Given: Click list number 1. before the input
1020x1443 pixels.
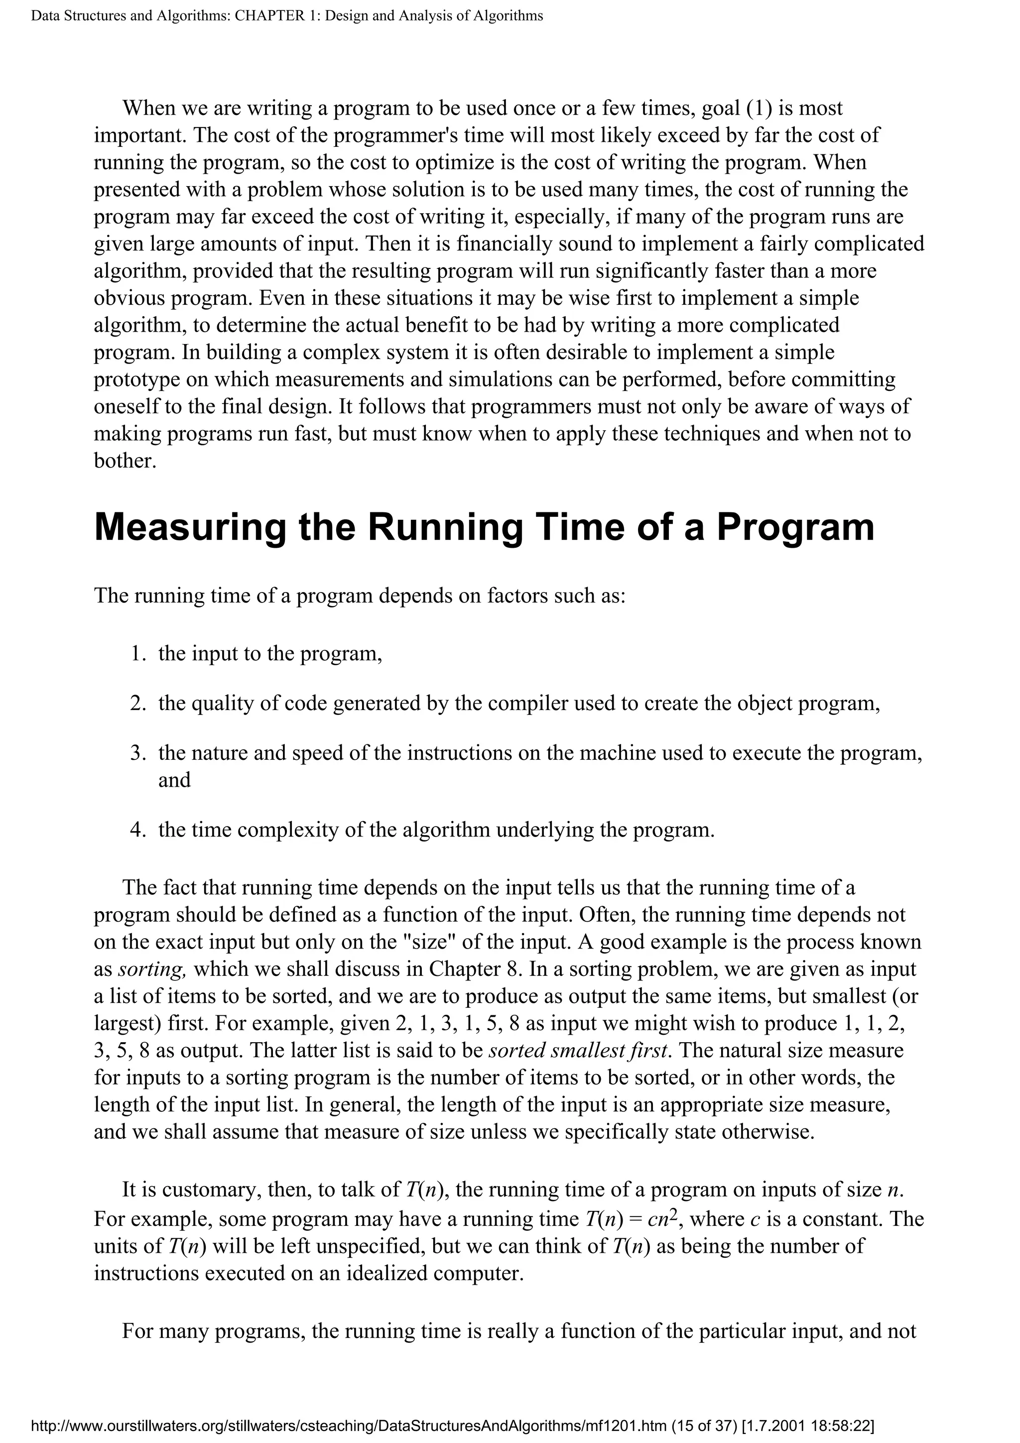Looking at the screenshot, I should coord(138,654).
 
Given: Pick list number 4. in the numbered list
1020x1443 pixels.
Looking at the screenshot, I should coord(138,830).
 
